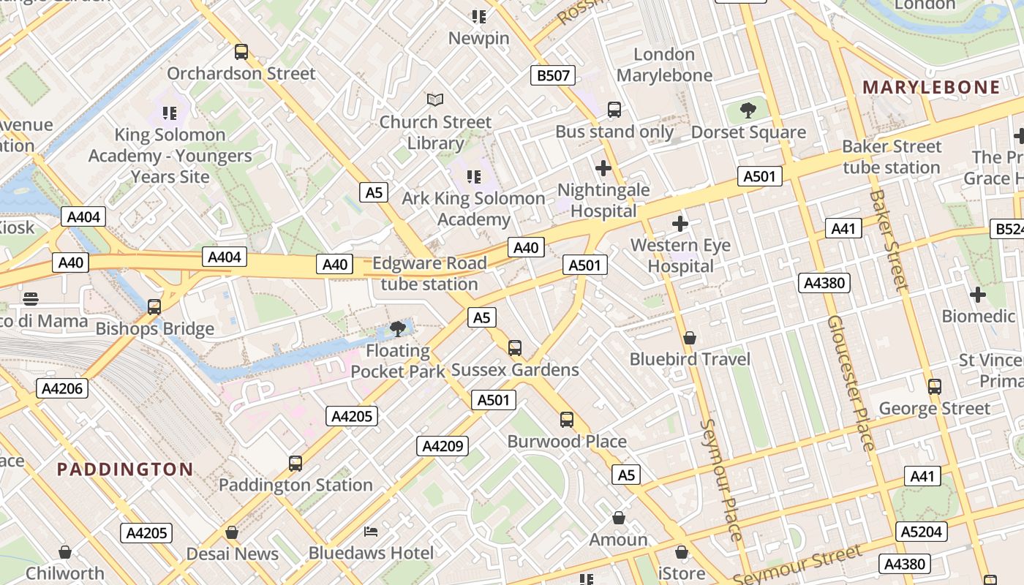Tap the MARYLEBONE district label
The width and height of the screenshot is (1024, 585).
(x=931, y=88)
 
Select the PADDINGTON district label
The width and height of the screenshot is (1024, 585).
(x=125, y=469)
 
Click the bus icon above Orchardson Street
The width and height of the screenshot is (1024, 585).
(x=241, y=52)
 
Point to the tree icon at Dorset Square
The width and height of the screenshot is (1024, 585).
(x=748, y=111)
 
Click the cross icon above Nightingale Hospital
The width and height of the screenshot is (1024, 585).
(x=603, y=169)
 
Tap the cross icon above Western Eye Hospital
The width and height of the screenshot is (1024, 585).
(x=680, y=224)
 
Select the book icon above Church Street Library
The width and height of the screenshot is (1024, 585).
(x=435, y=99)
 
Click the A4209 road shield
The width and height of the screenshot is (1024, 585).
(x=443, y=445)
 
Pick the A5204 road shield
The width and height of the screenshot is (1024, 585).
(x=922, y=532)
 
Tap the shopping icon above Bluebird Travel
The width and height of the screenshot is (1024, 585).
(x=689, y=338)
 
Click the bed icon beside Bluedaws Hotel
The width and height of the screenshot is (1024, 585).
(x=372, y=531)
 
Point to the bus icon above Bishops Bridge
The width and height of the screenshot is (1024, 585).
(x=154, y=307)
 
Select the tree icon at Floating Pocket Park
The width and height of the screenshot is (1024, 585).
(x=398, y=329)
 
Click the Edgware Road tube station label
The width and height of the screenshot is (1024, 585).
(x=429, y=273)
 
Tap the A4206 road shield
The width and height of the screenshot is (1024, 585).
(x=62, y=388)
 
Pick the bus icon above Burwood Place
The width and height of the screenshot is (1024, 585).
(x=567, y=420)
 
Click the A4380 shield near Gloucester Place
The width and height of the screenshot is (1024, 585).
(x=825, y=283)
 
